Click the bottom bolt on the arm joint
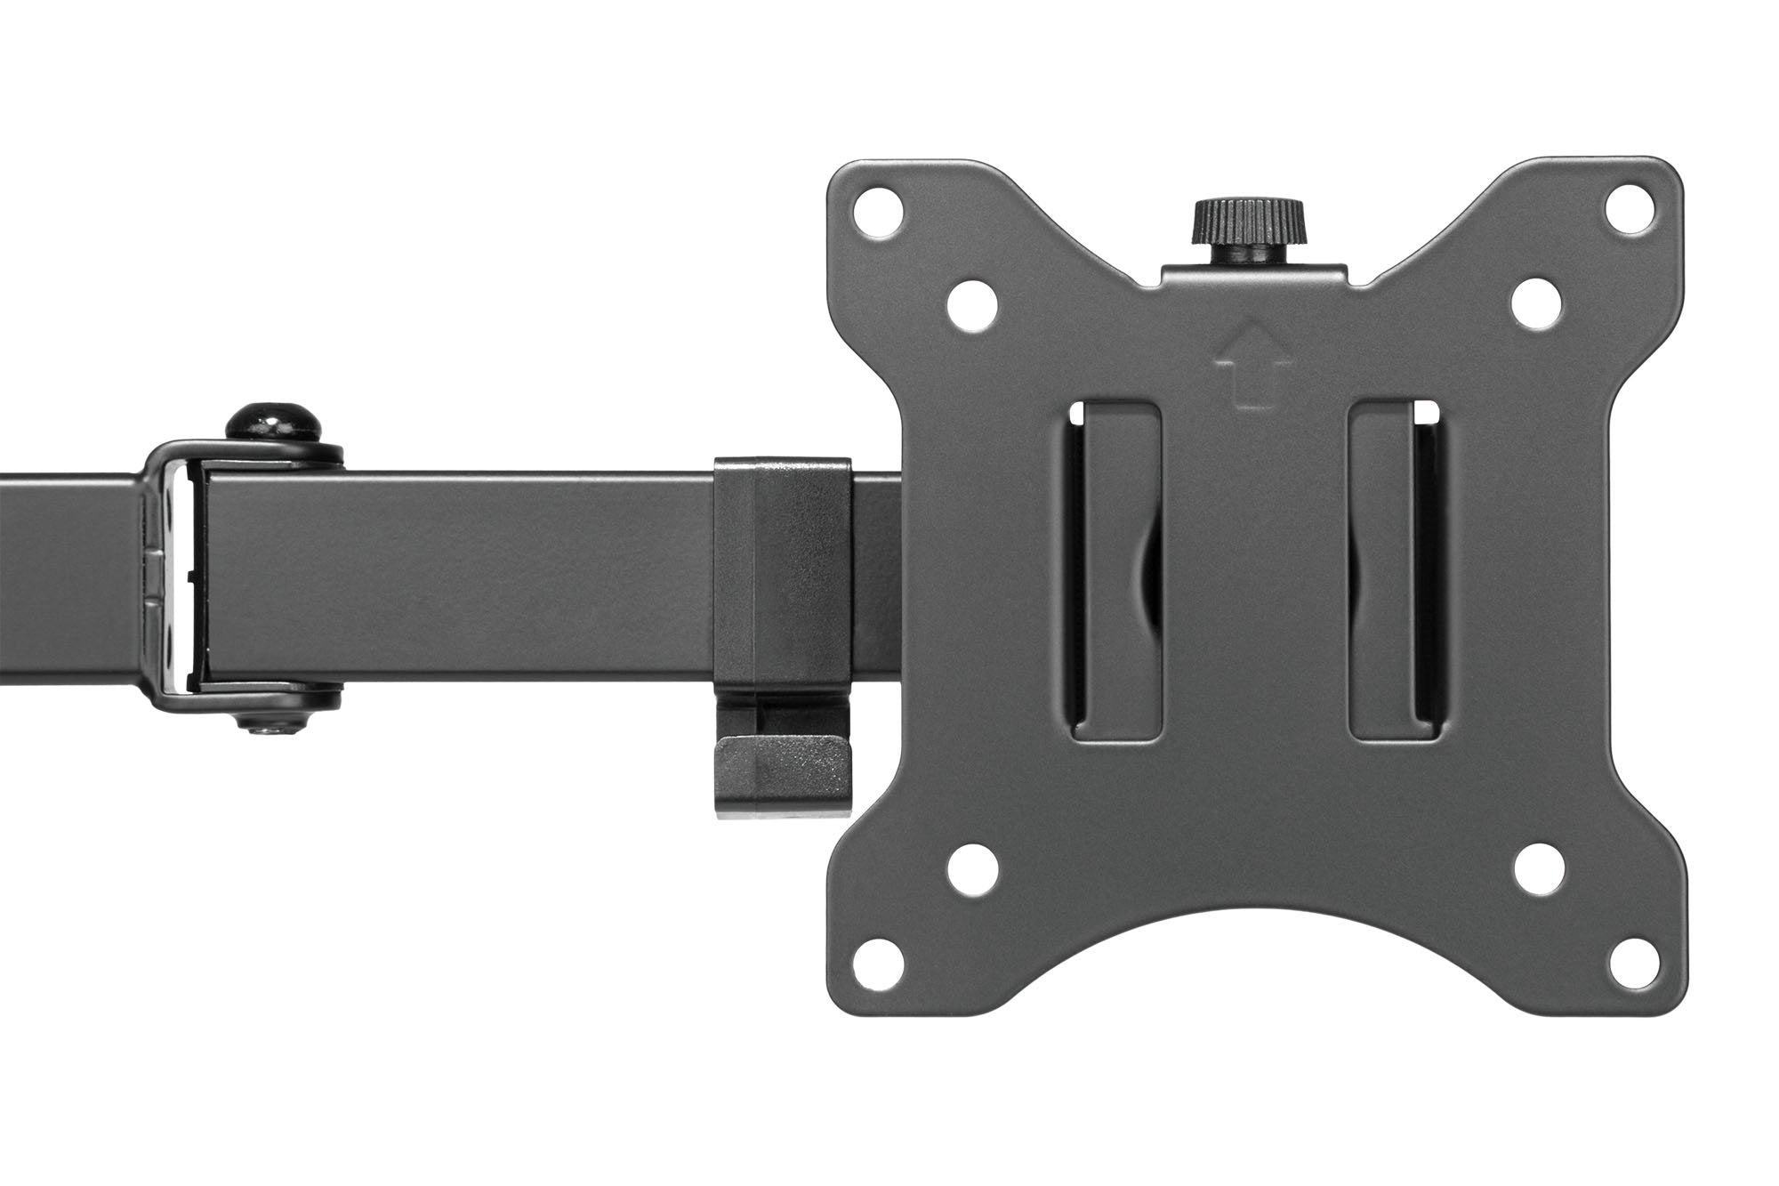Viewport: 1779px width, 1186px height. click(x=272, y=703)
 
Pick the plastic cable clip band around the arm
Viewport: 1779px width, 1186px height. click(x=782, y=569)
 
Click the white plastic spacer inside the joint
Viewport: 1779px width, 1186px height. click(x=180, y=579)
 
